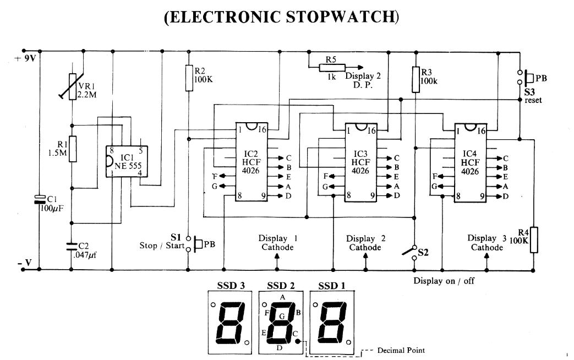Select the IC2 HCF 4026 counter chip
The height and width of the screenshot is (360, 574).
click(252, 162)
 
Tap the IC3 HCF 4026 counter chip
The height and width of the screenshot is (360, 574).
click(360, 162)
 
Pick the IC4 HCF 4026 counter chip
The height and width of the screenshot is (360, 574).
click(469, 163)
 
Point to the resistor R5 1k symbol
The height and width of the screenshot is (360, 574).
click(331, 67)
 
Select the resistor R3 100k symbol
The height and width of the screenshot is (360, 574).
click(416, 79)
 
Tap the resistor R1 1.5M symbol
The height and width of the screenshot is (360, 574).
click(72, 148)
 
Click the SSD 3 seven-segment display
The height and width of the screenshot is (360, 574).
click(229, 323)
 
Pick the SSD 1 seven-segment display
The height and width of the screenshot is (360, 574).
click(332, 323)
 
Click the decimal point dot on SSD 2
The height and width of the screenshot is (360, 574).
click(298, 342)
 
